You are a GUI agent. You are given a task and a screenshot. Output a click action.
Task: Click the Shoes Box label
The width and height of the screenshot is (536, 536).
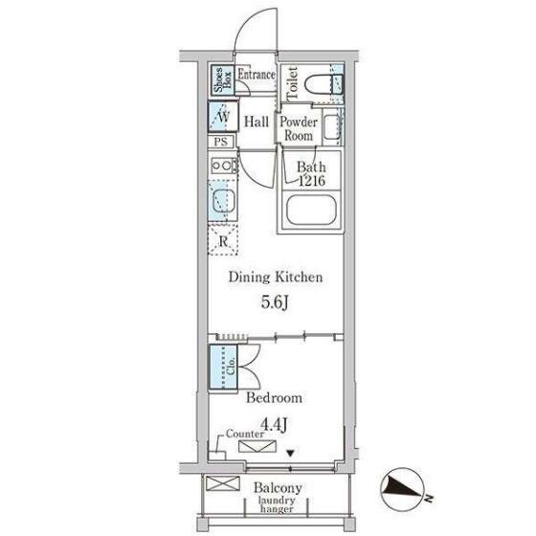(x=223, y=79)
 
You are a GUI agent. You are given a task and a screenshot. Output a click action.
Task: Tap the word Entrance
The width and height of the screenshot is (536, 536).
(x=257, y=75)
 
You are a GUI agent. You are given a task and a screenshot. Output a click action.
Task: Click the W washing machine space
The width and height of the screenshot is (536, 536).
(x=223, y=116)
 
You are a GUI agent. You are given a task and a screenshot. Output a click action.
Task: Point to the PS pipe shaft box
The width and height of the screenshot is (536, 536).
(x=221, y=142)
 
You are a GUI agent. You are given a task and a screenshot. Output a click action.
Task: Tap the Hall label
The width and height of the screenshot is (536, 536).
(x=257, y=122)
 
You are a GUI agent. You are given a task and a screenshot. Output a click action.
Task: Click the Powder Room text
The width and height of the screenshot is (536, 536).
(x=299, y=128)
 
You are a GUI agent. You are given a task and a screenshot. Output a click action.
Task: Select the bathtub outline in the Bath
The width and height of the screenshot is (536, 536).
(x=311, y=210)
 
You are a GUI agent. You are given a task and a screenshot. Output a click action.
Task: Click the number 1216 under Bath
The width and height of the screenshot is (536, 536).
(x=312, y=181)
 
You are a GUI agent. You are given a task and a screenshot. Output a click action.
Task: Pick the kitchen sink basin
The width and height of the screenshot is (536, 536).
(x=224, y=201)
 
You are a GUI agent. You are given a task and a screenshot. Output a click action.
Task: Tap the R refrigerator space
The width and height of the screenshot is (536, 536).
(x=223, y=240)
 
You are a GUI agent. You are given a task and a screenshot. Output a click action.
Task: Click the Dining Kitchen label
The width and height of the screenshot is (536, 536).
(x=276, y=277)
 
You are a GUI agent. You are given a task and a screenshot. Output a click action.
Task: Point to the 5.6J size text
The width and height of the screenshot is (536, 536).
(x=276, y=301)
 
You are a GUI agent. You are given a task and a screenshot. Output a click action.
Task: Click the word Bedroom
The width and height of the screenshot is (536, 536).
(x=274, y=397)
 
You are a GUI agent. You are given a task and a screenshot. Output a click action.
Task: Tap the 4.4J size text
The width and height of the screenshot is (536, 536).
(x=274, y=425)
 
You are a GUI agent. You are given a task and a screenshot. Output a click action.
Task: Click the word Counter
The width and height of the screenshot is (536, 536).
(x=245, y=434)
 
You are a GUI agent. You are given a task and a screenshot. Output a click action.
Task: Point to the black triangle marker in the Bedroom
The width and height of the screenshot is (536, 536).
(x=291, y=454)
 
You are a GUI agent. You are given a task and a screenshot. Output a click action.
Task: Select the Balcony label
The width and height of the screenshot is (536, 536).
(x=278, y=488)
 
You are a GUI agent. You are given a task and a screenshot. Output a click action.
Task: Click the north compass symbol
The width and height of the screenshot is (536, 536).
(x=403, y=489)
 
